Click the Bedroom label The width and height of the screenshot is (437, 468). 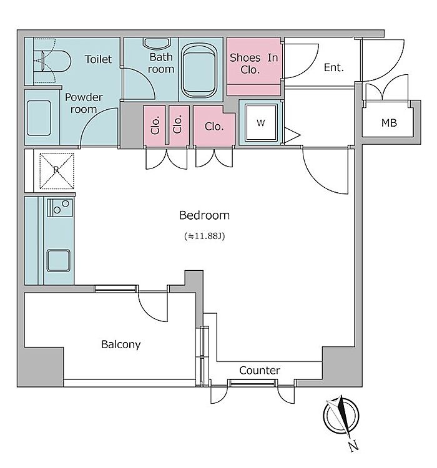click(x=204, y=215)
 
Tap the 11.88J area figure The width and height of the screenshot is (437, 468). click(x=204, y=236)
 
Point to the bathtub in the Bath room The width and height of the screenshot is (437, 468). click(x=199, y=71)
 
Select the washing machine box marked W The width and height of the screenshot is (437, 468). click(x=260, y=122)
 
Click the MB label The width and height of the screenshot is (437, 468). click(x=389, y=123)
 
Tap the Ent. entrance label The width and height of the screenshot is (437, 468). click(x=333, y=67)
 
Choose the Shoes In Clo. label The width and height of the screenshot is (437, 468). click(x=253, y=63)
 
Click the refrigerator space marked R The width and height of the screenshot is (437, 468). click(x=56, y=170)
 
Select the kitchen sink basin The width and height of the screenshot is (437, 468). click(x=58, y=260)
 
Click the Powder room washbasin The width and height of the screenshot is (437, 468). click(x=39, y=118)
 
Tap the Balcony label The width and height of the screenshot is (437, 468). click(x=121, y=344)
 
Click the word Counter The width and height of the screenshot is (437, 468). click(x=260, y=371)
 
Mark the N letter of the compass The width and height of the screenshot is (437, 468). click(x=353, y=446)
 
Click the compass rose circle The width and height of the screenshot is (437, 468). click(x=340, y=416)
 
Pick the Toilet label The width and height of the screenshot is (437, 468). click(x=98, y=59)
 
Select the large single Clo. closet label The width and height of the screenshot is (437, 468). click(x=214, y=127)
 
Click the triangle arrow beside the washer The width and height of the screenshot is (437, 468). click(x=292, y=135)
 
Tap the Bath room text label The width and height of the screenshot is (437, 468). click(x=161, y=63)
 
